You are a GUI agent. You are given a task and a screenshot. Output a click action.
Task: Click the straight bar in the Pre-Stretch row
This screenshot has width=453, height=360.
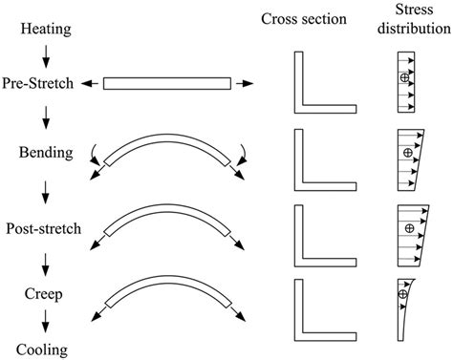point(165,84)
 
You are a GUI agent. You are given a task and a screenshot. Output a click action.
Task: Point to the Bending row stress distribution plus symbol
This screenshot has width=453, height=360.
point(408,153)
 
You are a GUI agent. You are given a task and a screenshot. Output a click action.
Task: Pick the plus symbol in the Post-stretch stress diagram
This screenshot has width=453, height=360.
point(408,228)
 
